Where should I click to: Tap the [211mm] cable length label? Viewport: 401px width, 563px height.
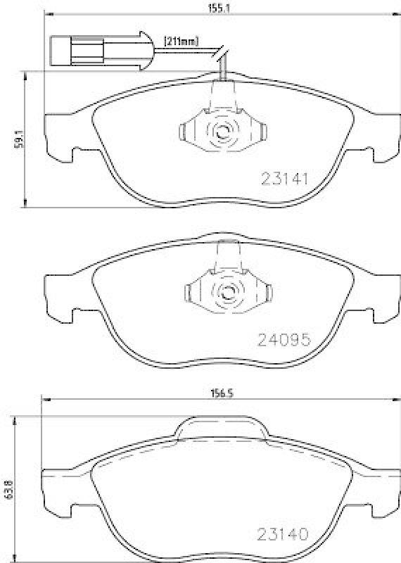[181, 42]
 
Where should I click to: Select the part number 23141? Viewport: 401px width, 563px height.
[285, 178]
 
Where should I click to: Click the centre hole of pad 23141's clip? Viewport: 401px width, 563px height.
[223, 131]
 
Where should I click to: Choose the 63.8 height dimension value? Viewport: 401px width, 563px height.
[8, 486]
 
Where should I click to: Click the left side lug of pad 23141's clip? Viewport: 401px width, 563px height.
[184, 132]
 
